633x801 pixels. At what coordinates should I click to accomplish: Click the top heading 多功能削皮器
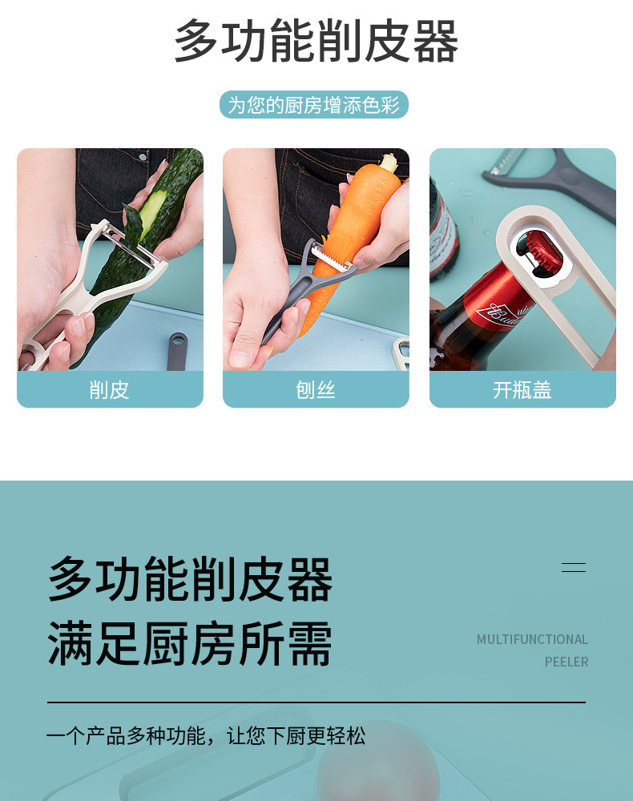316,42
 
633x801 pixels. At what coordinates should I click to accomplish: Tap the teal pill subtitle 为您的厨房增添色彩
314,105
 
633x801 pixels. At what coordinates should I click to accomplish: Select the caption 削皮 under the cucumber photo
110,390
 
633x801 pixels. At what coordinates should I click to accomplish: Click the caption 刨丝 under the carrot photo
316,390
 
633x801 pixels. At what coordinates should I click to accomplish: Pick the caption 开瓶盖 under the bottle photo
522,390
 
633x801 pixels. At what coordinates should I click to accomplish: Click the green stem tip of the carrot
389,163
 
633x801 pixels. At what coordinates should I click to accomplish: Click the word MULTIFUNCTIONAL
532,639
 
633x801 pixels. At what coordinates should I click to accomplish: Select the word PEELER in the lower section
566,662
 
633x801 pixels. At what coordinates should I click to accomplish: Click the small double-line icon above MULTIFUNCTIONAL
573,567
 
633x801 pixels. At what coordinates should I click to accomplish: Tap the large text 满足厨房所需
190,643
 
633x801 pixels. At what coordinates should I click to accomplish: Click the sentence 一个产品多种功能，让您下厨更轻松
206,735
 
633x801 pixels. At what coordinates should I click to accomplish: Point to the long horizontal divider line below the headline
316,702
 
